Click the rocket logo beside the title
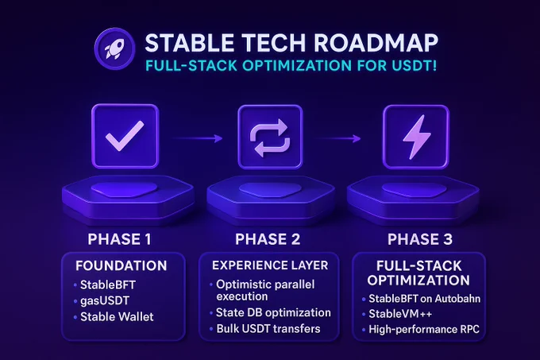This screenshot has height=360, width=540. pyautogui.click(x=114, y=48)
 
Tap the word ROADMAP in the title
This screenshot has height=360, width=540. pyautogui.click(x=376, y=43)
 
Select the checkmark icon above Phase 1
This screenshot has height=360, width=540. pyautogui.click(x=125, y=136)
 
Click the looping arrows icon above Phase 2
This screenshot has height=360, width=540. pyautogui.click(x=270, y=137)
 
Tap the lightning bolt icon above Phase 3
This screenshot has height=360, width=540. pyautogui.click(x=416, y=137)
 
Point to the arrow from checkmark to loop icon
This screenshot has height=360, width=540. pyautogui.click(x=197, y=138)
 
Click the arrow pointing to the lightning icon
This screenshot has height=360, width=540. pyautogui.click(x=338, y=139)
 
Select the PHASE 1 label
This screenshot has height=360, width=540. pyautogui.click(x=119, y=239)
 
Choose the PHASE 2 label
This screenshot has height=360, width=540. pyautogui.click(x=268, y=239)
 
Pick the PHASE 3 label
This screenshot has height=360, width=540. pyautogui.click(x=420, y=239)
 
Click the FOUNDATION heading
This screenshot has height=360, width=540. pyautogui.click(x=121, y=265)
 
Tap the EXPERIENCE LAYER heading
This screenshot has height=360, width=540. pyautogui.click(x=270, y=265)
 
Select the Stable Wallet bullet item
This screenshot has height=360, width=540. pyautogui.click(x=117, y=316)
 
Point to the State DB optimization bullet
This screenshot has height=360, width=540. pyautogui.click(x=273, y=312)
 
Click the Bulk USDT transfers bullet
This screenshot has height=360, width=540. pyautogui.click(x=268, y=329)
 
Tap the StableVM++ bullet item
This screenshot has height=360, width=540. pyautogui.click(x=400, y=314)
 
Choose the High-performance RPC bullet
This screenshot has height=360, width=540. pyautogui.click(x=424, y=329)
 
